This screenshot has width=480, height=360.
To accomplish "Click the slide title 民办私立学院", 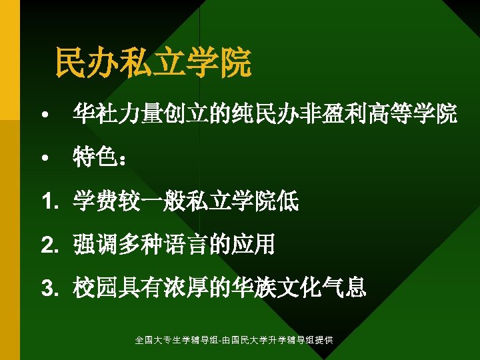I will tap(153, 63).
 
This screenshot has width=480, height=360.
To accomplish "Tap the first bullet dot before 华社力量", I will tap(44, 117).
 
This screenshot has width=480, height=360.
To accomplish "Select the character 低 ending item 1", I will tap(288, 200).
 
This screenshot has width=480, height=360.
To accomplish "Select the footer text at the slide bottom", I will tap(234, 341).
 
